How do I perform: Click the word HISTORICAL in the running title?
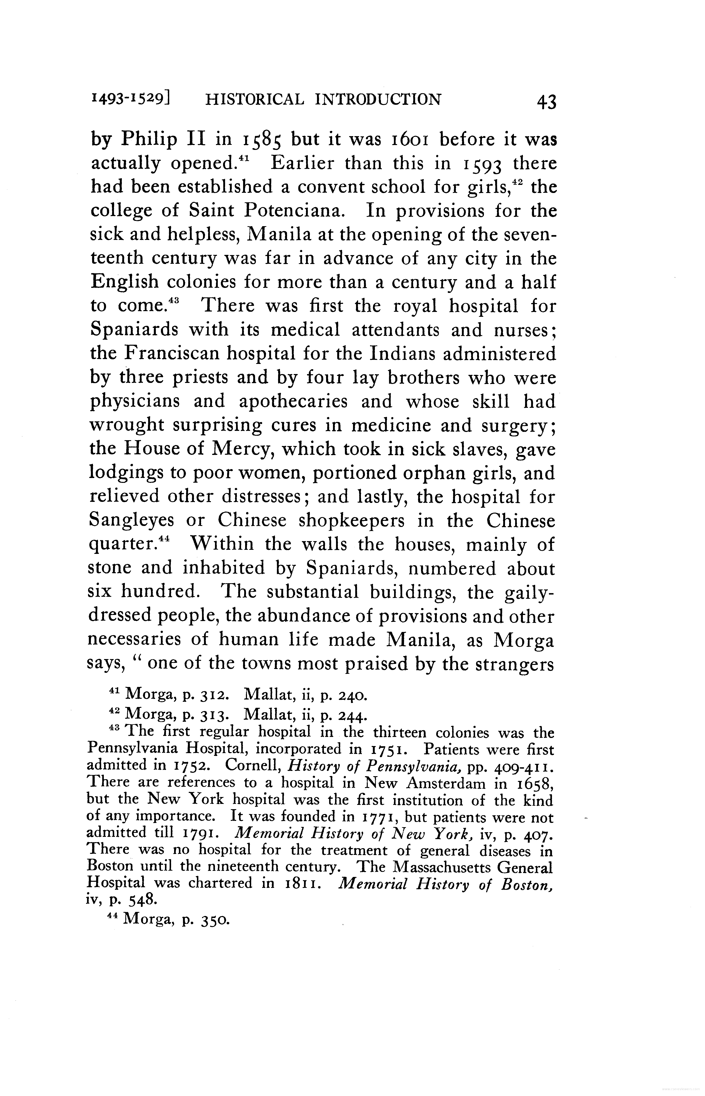[254, 99]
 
